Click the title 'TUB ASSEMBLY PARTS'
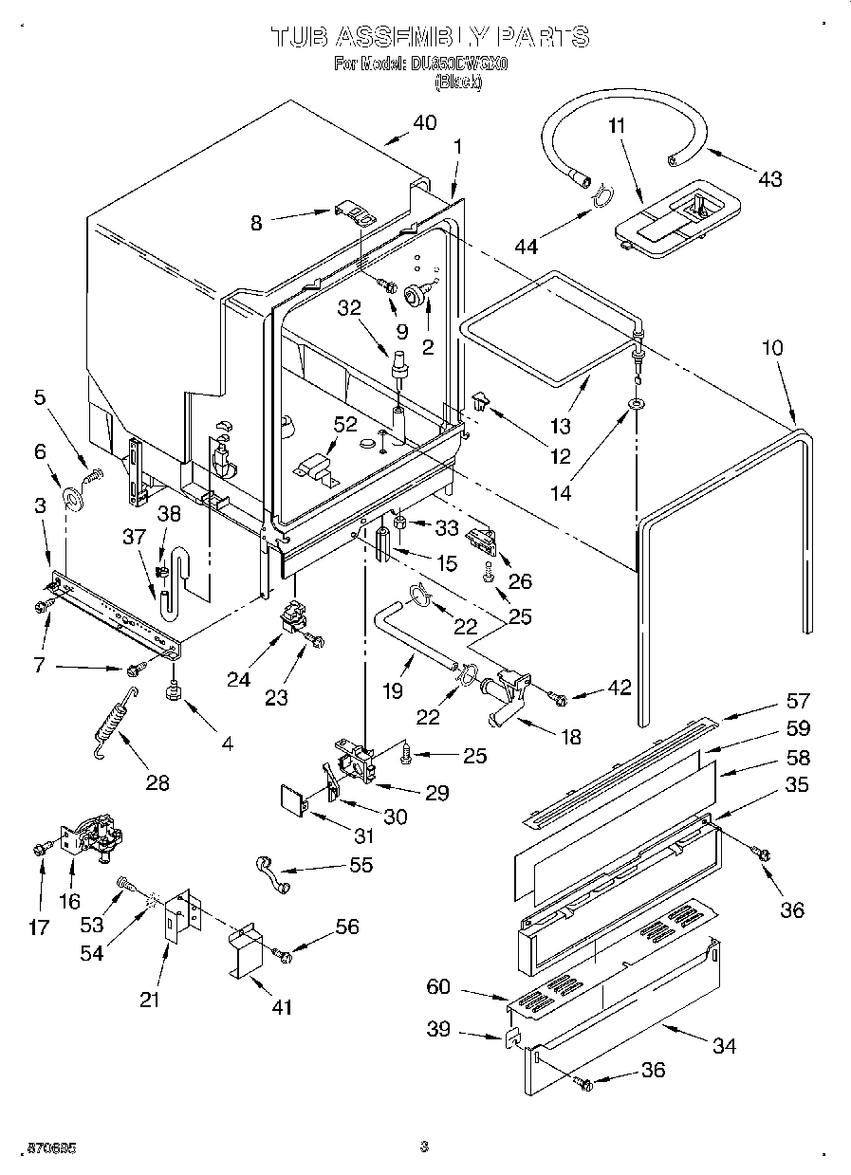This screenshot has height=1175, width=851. point(430,37)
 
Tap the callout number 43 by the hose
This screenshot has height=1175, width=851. point(768,177)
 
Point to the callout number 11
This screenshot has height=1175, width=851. point(617,125)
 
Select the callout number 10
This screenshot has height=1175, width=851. point(772,348)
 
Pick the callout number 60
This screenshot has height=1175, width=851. point(439,987)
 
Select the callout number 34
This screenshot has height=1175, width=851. point(724,1045)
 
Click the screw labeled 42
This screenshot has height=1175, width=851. point(559,700)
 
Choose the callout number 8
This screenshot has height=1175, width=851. point(257,222)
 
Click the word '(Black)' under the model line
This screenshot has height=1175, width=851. point(458,83)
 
